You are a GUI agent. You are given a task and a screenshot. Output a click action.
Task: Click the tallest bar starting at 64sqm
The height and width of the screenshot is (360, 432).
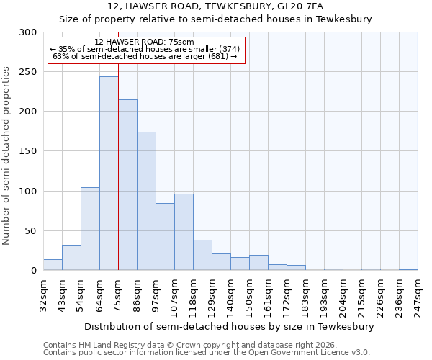pos(109,174)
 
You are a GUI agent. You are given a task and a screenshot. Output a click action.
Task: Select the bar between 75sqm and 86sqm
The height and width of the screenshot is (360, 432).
pos(127,185)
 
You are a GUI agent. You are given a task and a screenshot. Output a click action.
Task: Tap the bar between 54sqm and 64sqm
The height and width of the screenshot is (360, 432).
pos(90,229)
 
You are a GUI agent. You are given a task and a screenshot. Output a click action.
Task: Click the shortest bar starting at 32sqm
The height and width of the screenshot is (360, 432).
pos(53,265)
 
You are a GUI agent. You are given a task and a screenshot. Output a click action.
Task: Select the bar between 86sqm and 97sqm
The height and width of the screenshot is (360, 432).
pos(146,201)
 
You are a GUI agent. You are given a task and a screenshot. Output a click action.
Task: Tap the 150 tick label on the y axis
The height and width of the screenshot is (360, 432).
pos(28,152)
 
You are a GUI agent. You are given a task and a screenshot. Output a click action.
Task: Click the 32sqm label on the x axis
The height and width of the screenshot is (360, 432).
pos(43,294)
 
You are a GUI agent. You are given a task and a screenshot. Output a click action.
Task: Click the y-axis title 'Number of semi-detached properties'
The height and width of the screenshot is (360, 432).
pos(6,156)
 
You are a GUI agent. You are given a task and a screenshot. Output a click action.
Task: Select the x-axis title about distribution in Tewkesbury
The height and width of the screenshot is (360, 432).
pos(230,326)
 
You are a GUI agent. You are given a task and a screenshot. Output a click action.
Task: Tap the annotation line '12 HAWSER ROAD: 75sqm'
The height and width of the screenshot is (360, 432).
pos(144,42)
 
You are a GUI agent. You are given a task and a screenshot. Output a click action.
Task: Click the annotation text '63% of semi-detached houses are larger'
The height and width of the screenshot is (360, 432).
pos(144,56)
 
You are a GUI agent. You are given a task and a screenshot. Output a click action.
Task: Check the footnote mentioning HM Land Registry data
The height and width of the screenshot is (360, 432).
pos(194,345)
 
